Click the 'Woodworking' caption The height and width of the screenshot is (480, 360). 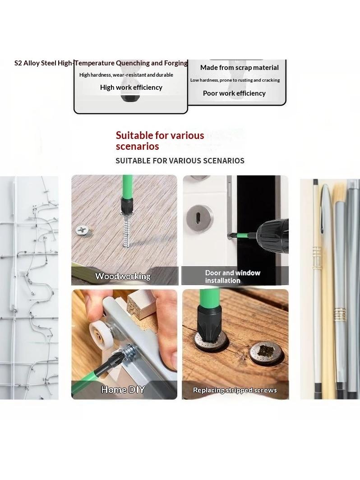[123, 276]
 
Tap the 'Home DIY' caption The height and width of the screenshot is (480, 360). [123, 389]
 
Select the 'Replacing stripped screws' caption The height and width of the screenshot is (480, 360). [235, 390]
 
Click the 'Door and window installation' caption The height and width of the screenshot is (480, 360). [233, 277]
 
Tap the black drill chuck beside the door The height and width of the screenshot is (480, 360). [272, 235]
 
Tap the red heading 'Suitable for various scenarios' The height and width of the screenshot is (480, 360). [160, 141]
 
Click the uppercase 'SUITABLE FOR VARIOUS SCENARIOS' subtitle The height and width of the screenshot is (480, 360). [180, 161]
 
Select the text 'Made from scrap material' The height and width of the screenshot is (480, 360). [240, 68]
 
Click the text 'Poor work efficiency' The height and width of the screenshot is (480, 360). [234, 93]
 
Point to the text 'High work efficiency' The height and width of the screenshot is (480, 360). [131, 88]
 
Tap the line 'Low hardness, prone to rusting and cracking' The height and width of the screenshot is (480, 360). [235, 80]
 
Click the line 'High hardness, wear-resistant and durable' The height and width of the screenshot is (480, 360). [126, 75]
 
